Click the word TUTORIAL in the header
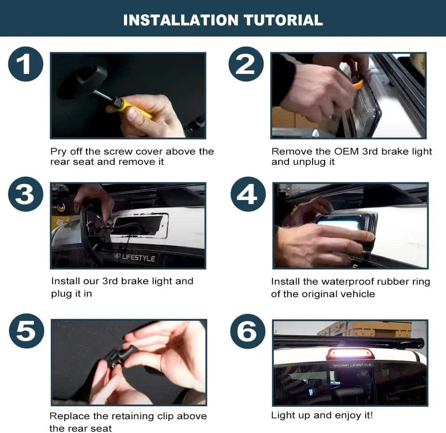[283, 20]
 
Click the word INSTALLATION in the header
[181, 20]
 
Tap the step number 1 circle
[26, 64]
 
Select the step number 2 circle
[246, 64]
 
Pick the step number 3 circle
[26, 194]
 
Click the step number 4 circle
[248, 194]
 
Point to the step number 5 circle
[26, 331]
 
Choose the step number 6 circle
[248, 331]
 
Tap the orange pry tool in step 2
[358, 84]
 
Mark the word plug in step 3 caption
[62, 294]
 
